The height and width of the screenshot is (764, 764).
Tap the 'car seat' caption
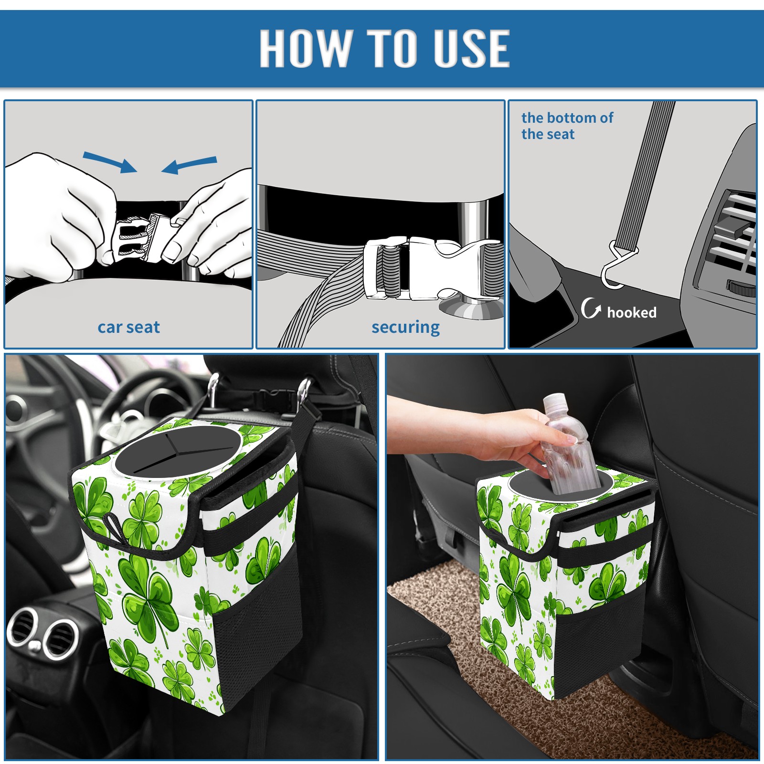click(128, 327)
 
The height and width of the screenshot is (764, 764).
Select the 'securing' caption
click(405, 328)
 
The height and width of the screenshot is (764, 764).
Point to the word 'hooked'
click(632, 312)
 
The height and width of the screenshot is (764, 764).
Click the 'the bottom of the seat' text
click(567, 126)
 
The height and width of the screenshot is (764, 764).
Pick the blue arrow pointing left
click(189, 165)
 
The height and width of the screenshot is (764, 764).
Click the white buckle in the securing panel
click(432, 268)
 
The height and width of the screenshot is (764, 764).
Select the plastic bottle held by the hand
click(568, 444)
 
